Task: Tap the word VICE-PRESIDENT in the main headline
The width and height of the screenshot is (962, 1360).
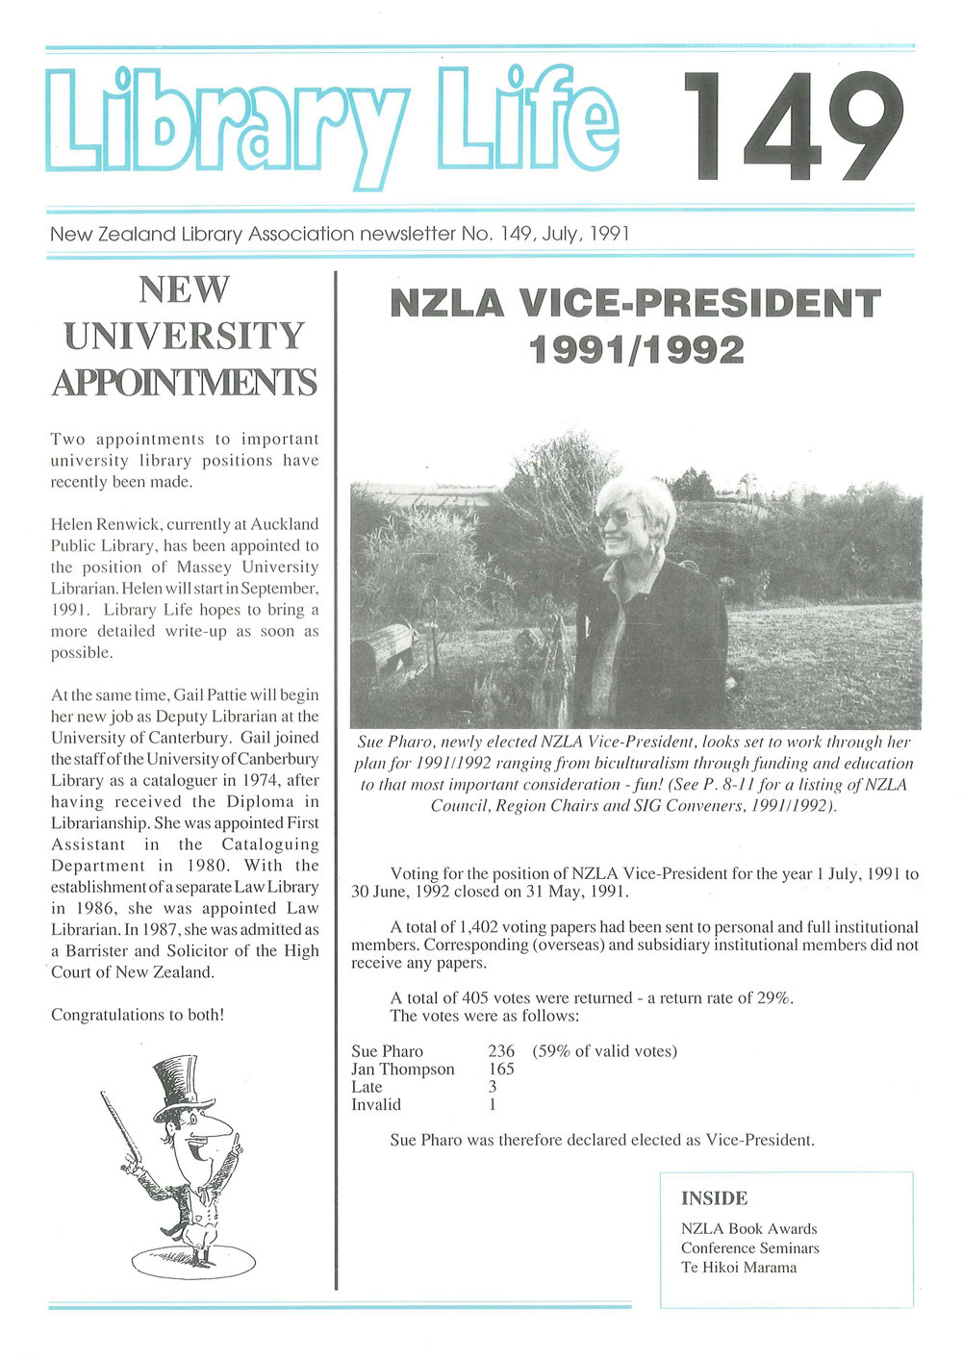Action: (699, 305)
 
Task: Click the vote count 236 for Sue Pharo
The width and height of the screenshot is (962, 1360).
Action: (501, 1051)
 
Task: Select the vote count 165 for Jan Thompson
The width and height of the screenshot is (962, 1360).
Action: (501, 1069)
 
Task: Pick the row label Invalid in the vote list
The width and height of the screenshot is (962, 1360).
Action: (376, 1104)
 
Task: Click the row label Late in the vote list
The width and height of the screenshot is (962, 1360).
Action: (367, 1087)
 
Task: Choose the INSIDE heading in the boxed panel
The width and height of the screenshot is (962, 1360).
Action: (714, 1198)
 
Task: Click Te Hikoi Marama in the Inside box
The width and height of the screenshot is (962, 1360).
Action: (739, 1267)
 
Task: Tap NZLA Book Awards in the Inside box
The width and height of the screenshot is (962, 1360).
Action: (748, 1228)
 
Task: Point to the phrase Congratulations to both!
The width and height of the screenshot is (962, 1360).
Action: (138, 1015)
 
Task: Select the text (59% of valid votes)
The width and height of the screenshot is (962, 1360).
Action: (604, 1051)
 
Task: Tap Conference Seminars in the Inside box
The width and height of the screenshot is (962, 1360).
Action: (749, 1247)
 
